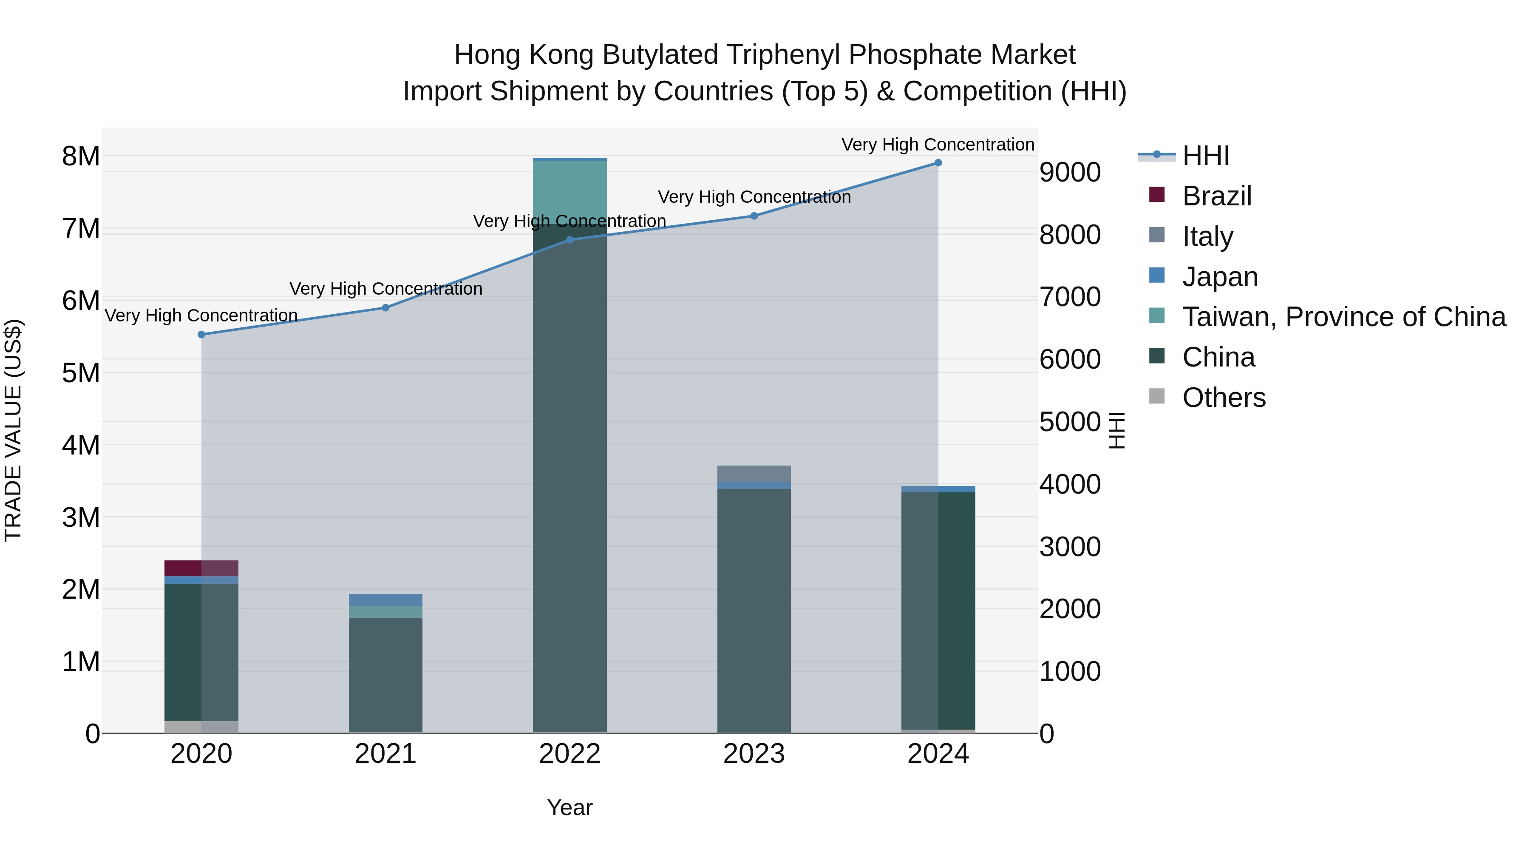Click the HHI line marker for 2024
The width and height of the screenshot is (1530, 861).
coord(938,163)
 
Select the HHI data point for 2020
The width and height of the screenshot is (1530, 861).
coord(201,335)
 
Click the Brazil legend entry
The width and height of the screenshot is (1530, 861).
coord(1216,196)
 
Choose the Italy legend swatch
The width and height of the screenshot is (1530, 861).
coord(1157,235)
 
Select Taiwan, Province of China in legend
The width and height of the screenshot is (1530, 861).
coord(1343,317)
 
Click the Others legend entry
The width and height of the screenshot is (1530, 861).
coord(1224,398)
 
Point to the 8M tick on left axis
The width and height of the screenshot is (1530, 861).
coord(81,157)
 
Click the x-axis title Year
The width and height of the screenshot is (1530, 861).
coord(569,807)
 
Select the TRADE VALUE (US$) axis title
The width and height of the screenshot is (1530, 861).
coord(13,430)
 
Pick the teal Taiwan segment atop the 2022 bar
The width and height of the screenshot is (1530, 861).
coord(569,190)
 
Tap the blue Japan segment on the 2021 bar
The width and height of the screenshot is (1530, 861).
coord(385,600)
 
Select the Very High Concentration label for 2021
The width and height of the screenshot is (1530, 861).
coord(385,289)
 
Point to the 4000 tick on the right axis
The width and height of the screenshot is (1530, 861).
coord(1070,484)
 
